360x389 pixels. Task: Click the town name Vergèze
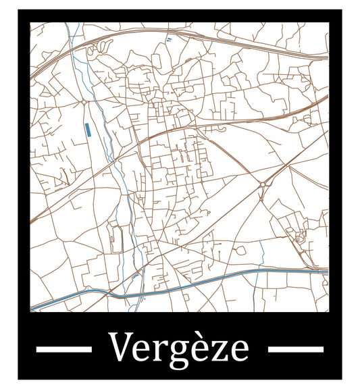179,348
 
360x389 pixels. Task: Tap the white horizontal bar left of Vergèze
63,348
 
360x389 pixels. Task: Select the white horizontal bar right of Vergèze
296,348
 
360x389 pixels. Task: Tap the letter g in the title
173,353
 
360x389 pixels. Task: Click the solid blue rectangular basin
88,130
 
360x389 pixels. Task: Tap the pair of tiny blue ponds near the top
169,41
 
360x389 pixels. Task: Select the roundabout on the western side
83,102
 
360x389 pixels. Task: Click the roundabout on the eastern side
261,184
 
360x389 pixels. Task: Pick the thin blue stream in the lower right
261,253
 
